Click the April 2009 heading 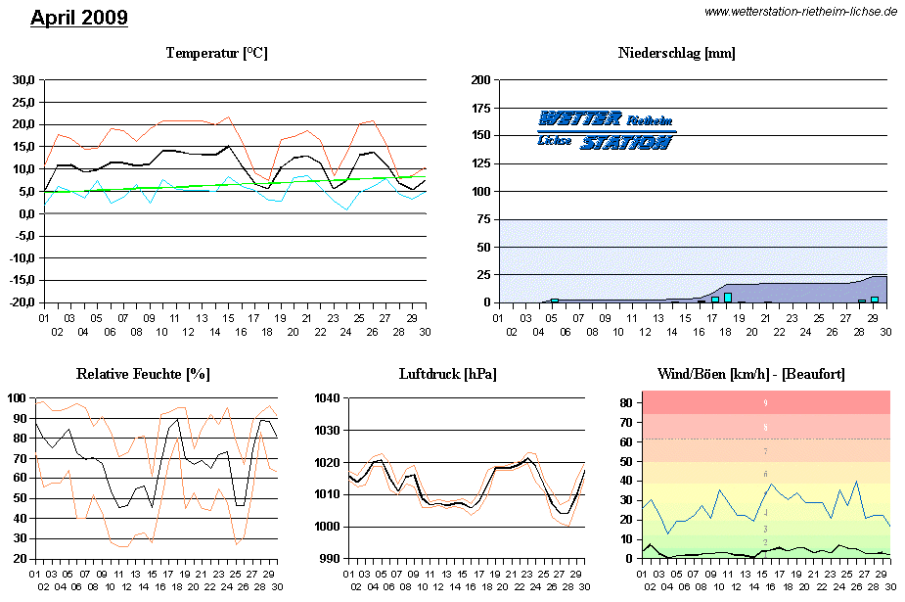(79, 18)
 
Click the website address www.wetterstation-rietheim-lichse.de (800, 11)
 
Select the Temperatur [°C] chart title (216, 53)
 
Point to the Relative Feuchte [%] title (143, 374)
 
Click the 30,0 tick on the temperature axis (23, 79)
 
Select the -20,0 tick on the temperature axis (22, 302)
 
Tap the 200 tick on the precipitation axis (479, 80)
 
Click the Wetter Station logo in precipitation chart (606, 129)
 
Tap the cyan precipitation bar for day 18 (728, 298)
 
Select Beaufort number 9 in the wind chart (765, 402)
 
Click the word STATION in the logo (626, 143)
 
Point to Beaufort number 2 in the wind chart (765, 542)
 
